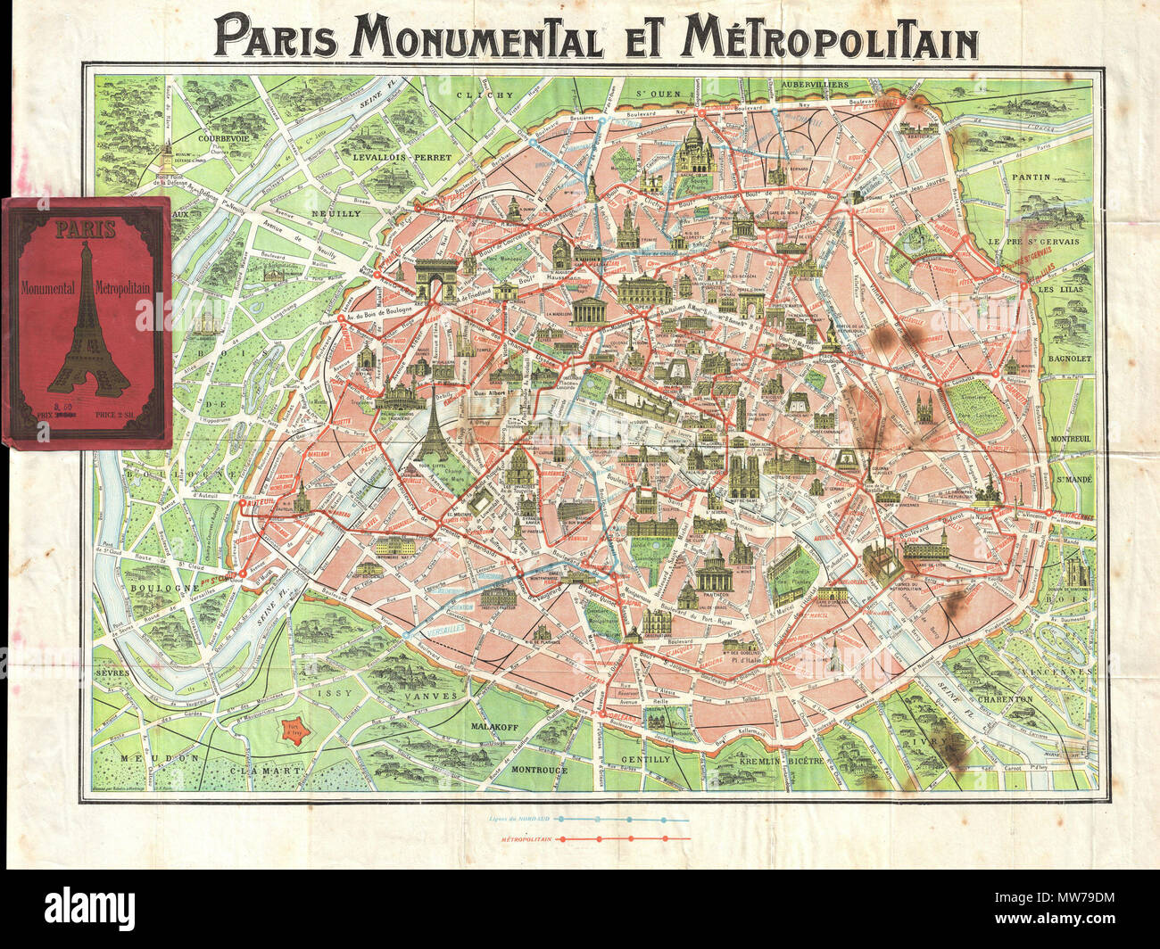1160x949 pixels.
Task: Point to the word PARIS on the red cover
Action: coord(86,229)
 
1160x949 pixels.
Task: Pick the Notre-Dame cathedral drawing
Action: coord(745,474)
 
